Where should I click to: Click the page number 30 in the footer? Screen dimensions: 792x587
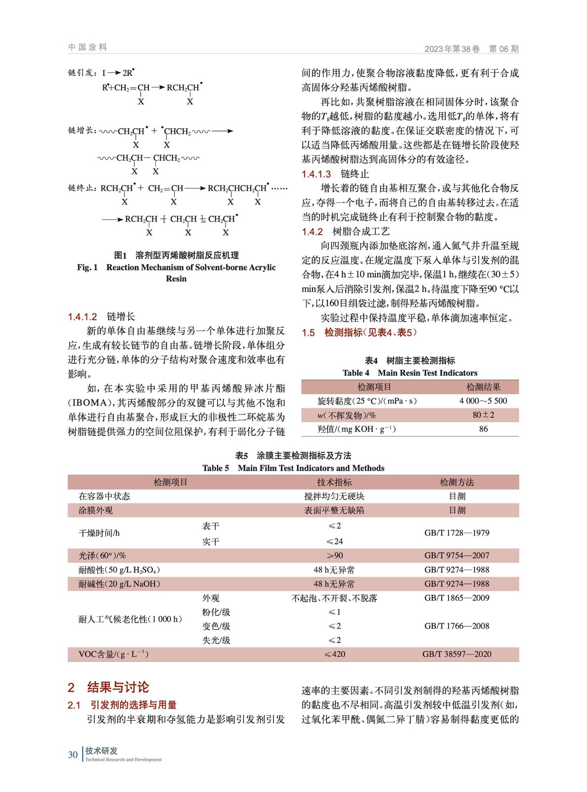(x=73, y=754)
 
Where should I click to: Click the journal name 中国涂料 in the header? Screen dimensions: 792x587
(x=88, y=47)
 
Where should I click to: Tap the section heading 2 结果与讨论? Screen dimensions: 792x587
(x=108, y=687)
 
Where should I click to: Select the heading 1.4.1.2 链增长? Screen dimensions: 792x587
(x=101, y=317)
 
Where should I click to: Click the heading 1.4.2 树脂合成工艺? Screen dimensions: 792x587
(x=345, y=231)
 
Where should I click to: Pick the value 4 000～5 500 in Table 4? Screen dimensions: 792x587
(x=483, y=401)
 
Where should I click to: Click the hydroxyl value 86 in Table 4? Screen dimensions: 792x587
(x=483, y=429)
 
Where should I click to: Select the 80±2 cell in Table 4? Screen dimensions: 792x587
(x=483, y=415)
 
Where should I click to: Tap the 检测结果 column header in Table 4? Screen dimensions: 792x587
(x=483, y=387)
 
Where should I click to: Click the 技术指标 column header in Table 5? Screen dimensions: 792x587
(x=334, y=482)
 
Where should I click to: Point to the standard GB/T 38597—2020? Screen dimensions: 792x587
(x=456, y=654)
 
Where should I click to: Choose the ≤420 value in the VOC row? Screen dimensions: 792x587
(x=334, y=654)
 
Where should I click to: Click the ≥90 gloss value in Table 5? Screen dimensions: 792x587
(x=334, y=555)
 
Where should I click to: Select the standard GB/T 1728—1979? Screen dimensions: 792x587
(x=456, y=533)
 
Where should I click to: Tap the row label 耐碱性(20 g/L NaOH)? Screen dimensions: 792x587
(x=119, y=584)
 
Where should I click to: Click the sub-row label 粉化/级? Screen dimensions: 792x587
(x=216, y=612)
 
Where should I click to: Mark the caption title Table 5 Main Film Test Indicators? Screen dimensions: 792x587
(x=293, y=468)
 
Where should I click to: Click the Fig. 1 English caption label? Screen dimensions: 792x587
(x=87, y=267)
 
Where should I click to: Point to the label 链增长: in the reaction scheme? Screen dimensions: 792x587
(x=82, y=131)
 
